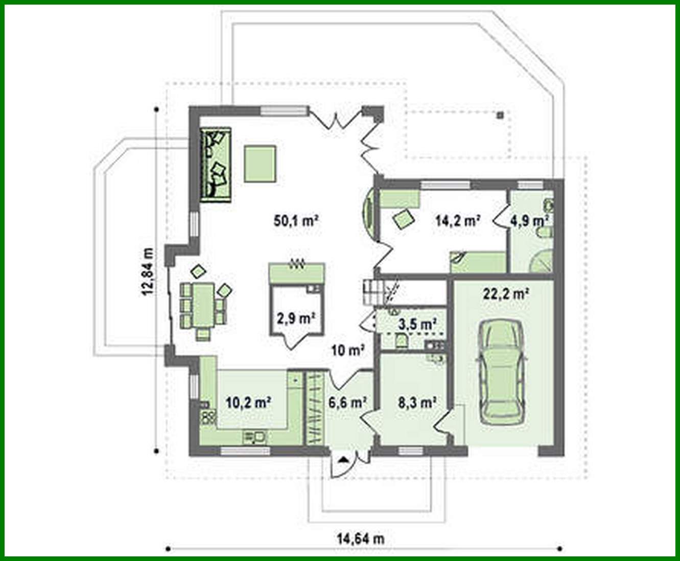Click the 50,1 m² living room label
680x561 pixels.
coord(296,221)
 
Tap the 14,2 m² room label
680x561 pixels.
coord(458,221)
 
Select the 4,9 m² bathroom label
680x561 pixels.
coord(529,221)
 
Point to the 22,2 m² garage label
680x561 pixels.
coord(505,294)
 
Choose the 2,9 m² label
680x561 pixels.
coord(295,318)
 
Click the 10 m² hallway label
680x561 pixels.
coord(347,350)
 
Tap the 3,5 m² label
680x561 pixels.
coord(417,324)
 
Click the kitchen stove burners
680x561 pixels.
coord(208,417)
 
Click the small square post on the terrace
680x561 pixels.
coord(501,115)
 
